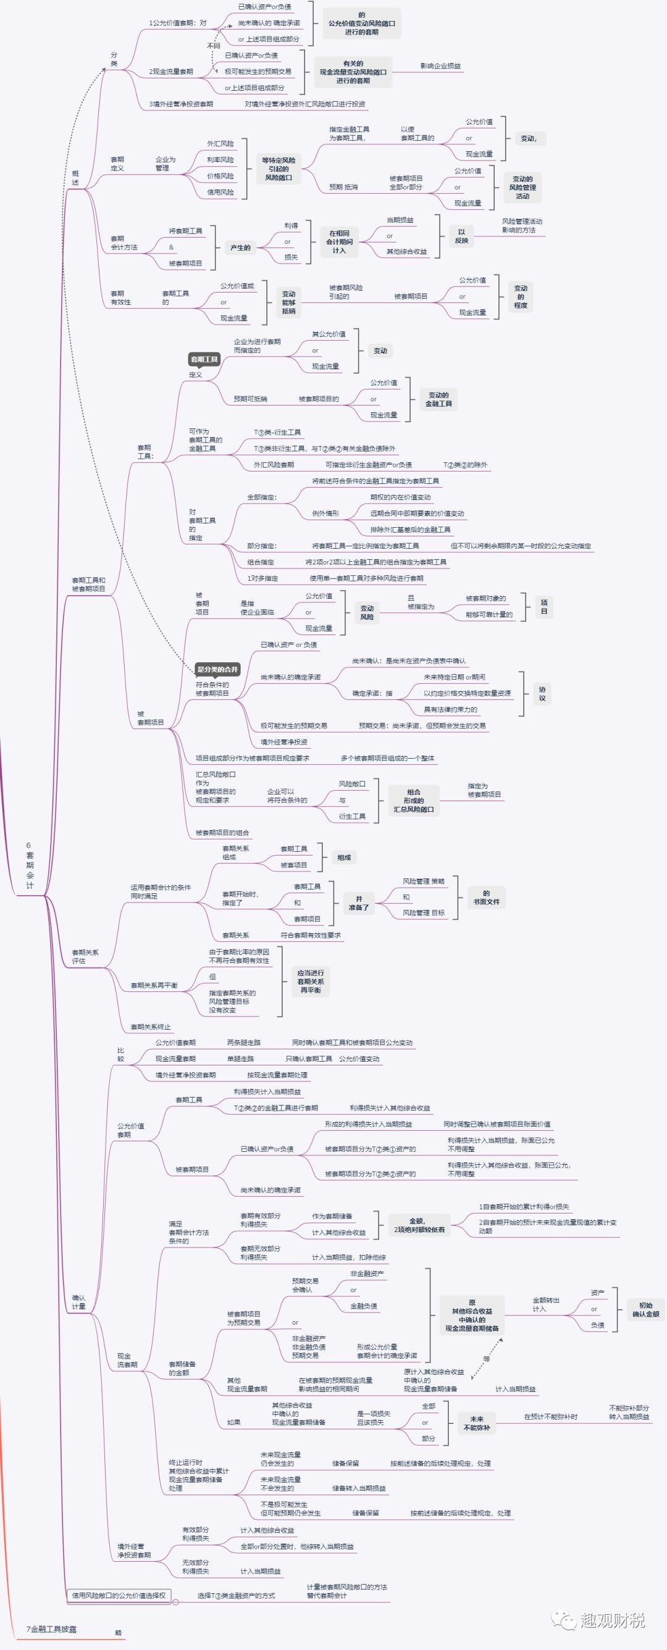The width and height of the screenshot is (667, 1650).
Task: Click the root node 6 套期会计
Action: click(30, 865)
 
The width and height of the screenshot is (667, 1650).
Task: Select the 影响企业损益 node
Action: click(440, 66)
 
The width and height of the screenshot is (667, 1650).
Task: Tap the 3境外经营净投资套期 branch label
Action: click(181, 104)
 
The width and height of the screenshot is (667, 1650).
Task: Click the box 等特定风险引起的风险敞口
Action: click(278, 169)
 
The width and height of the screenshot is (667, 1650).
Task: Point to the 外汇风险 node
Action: click(220, 143)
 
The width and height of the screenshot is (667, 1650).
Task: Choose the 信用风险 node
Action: click(220, 191)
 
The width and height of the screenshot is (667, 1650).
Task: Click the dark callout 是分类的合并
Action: click(217, 669)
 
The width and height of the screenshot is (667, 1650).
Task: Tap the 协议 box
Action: click(542, 694)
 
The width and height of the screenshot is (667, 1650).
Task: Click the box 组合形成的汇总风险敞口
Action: click(413, 801)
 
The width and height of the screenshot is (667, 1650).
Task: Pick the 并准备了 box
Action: click(358, 903)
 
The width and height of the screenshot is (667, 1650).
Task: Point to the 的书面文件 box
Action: click(485, 898)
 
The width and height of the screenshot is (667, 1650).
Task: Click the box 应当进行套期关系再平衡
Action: click(310, 981)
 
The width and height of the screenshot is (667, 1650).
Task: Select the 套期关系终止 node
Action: click(151, 1027)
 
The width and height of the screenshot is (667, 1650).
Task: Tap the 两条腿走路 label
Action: click(243, 1043)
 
